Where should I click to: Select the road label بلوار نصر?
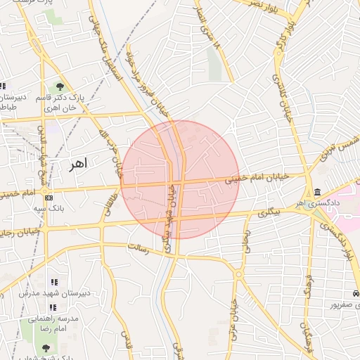tap(258, 6)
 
